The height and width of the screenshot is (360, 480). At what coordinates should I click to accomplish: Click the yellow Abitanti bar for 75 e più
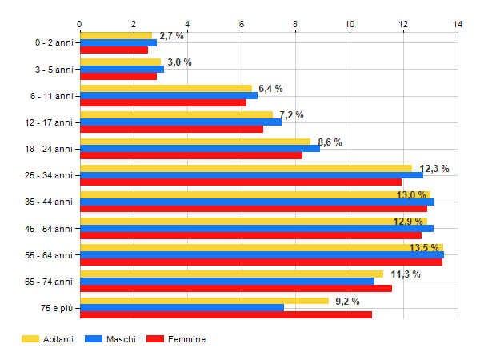click(204, 301)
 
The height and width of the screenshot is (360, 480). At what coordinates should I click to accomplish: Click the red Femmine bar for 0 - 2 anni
click(114, 50)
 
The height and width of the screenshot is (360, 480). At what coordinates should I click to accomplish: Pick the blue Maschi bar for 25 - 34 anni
click(251, 174)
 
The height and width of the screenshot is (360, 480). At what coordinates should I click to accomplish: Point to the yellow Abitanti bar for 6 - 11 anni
click(166, 89)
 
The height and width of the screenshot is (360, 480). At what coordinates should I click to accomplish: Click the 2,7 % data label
click(171, 36)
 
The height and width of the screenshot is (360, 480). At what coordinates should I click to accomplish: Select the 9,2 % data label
click(347, 302)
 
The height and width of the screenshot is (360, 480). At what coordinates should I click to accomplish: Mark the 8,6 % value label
click(330, 142)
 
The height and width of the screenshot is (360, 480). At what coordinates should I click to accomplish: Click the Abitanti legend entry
click(48, 339)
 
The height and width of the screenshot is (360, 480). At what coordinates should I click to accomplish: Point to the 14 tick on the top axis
click(458, 24)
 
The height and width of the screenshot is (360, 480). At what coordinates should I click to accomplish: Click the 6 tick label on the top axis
click(242, 24)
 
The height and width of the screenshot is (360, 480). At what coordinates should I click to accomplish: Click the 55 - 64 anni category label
click(50, 255)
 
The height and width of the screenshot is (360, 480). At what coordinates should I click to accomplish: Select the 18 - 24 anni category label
click(50, 149)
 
